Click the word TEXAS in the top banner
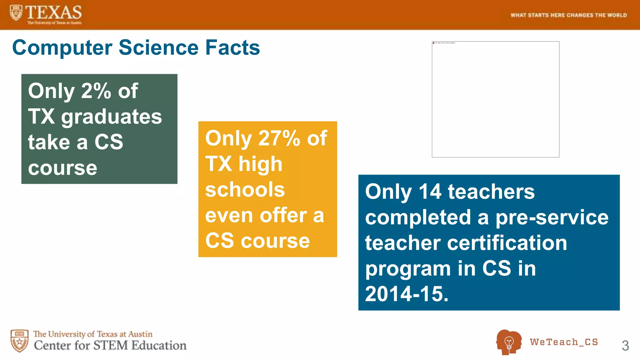coord(53,12)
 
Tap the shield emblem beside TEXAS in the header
coord(16,13)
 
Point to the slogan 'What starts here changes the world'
coord(568,15)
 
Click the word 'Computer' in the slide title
coord(62,48)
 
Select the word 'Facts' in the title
coord(232,48)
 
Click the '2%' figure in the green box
coord(96,91)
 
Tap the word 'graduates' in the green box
coord(112,117)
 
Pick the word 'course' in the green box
coord(62,168)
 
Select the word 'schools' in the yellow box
coord(245,190)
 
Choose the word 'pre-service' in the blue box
coord(552,217)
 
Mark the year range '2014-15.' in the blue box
coord(407,294)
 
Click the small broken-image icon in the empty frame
coord(433,43)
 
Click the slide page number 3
coord(625,345)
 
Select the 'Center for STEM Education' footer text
coord(110,345)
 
